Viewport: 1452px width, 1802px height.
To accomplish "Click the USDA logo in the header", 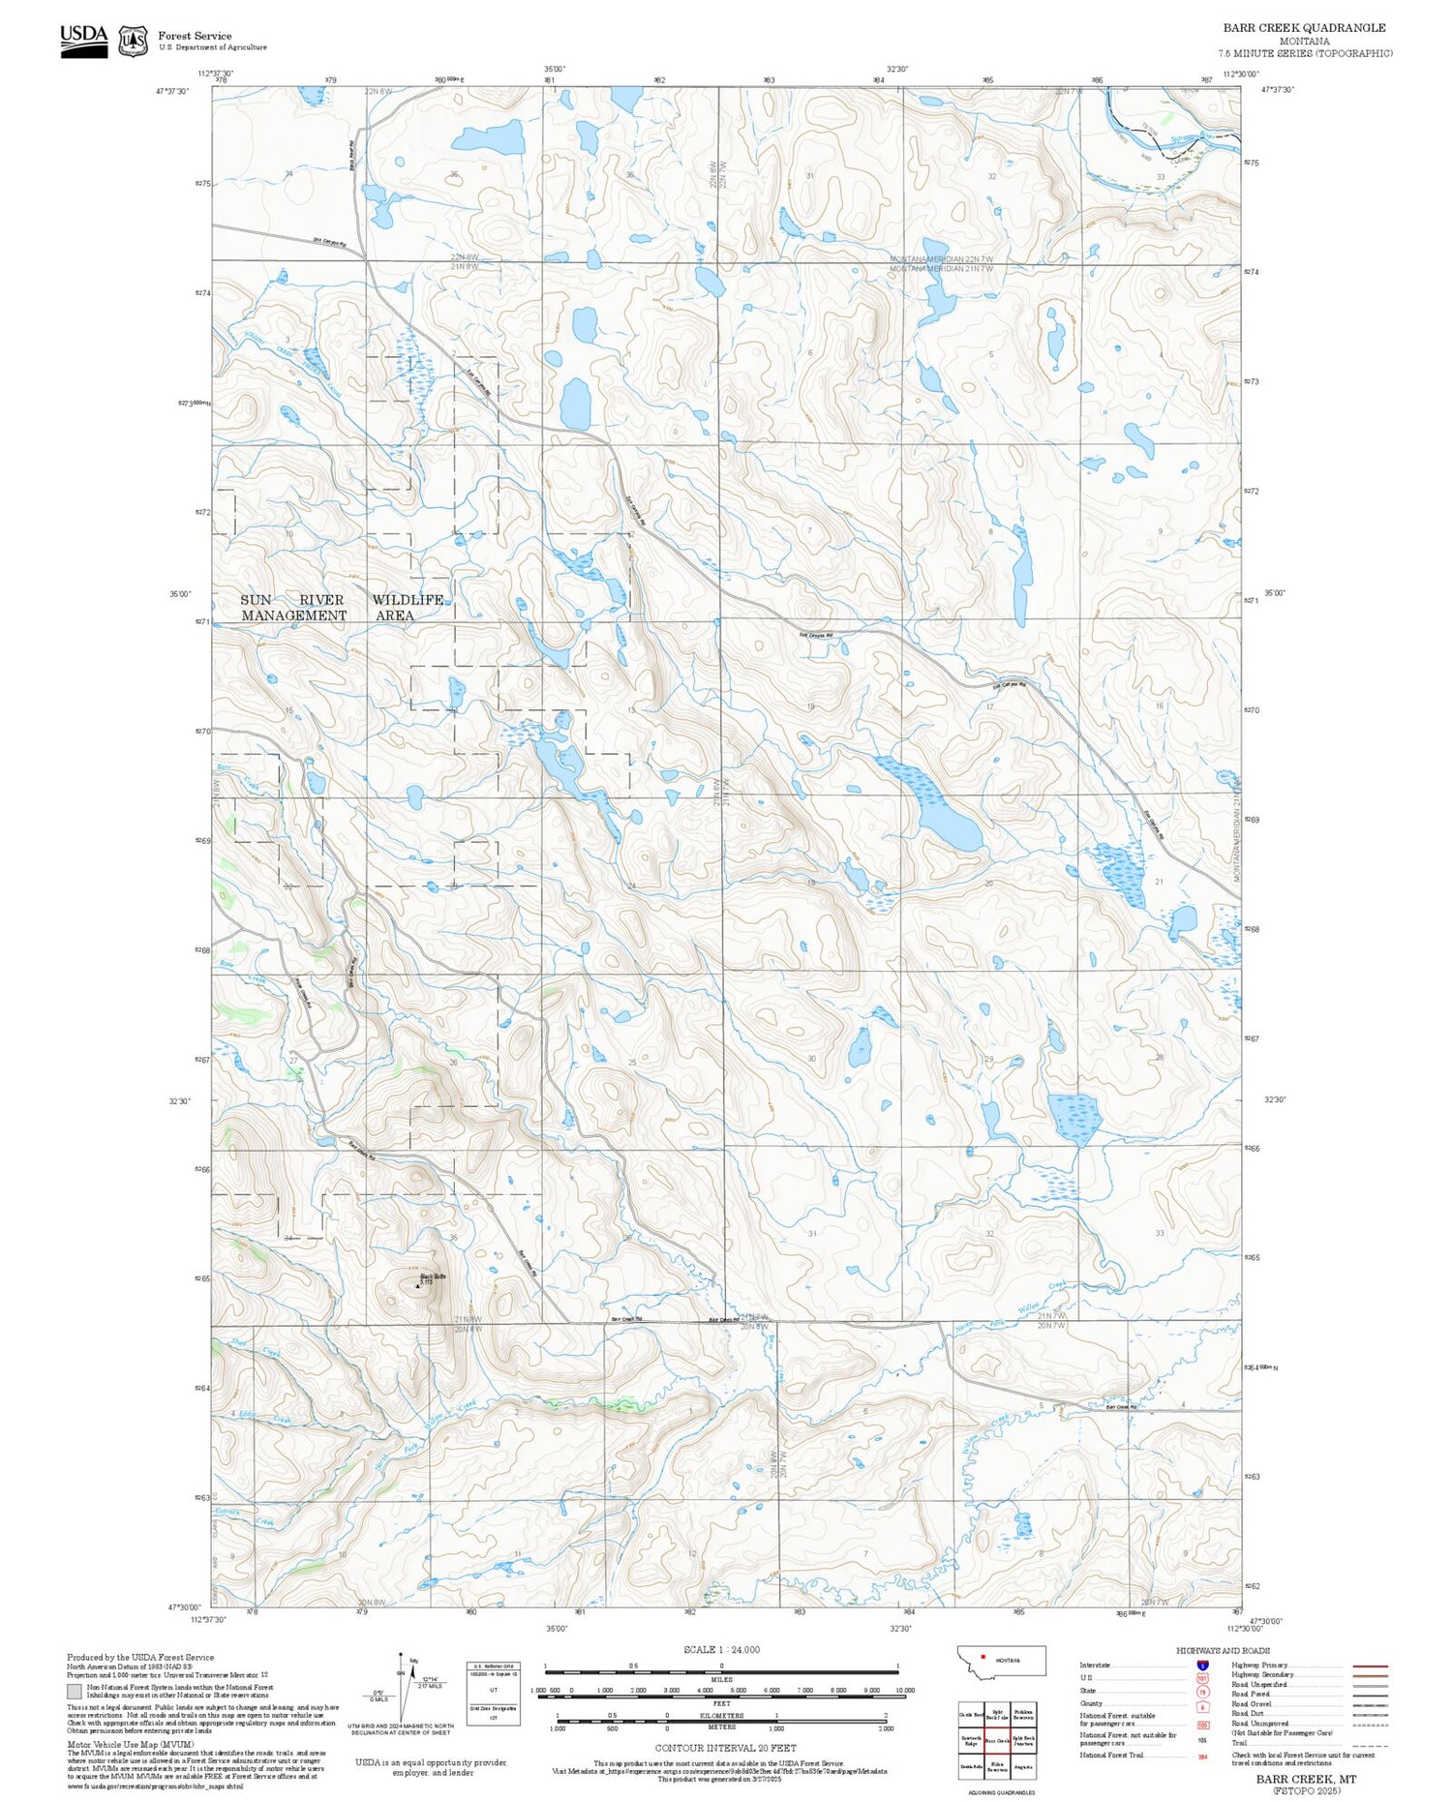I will point(84,40).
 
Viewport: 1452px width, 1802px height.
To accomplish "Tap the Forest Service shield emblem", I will point(133,41).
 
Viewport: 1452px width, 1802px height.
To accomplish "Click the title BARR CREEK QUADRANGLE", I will point(1304,28).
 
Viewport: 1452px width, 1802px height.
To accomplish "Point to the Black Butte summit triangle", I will point(418,1286).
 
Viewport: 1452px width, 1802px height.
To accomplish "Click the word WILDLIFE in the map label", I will point(408,600).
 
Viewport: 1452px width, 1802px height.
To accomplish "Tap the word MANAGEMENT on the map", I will point(293,616).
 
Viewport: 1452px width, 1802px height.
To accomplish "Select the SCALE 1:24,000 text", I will point(721,1649).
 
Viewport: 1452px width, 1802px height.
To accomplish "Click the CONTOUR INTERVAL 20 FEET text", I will point(725,1748).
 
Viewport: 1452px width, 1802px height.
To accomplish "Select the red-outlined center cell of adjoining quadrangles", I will point(997,1739).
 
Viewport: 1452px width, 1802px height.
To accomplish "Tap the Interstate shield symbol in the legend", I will point(1202,1666).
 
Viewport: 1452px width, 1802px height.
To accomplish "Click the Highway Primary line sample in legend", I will point(1367,1667).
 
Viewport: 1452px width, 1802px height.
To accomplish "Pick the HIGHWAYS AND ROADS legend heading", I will point(1223,1651).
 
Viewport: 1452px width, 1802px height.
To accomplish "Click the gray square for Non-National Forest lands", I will point(75,1691).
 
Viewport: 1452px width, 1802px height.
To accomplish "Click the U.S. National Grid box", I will point(493,1691).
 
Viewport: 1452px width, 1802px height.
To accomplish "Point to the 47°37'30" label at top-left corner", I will point(171,91).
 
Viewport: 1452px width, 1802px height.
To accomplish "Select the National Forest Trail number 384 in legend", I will point(1203,1756).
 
